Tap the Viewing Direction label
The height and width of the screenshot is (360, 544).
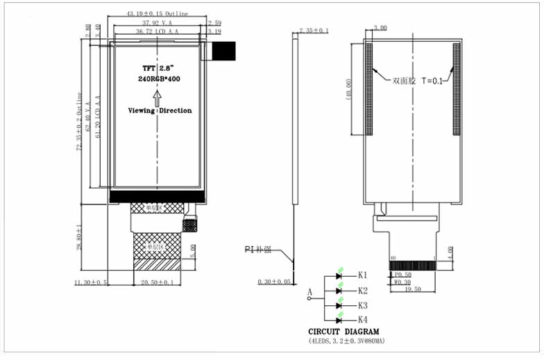tap(160, 111)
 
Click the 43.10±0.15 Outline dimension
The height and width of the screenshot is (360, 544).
tap(158, 14)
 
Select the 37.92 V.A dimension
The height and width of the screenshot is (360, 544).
tap(157, 23)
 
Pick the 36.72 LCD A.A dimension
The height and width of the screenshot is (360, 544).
tap(158, 32)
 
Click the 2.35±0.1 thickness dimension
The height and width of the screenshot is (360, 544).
tap(314, 31)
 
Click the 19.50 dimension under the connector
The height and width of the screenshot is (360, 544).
tap(414, 289)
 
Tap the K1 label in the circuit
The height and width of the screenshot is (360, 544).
tap(362, 276)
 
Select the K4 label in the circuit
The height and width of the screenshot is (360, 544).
tap(362, 320)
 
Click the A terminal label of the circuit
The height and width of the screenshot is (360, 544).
tap(309, 293)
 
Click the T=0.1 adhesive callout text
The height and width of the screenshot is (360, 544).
tap(427, 80)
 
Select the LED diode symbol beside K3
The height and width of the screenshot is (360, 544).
tap(339, 305)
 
